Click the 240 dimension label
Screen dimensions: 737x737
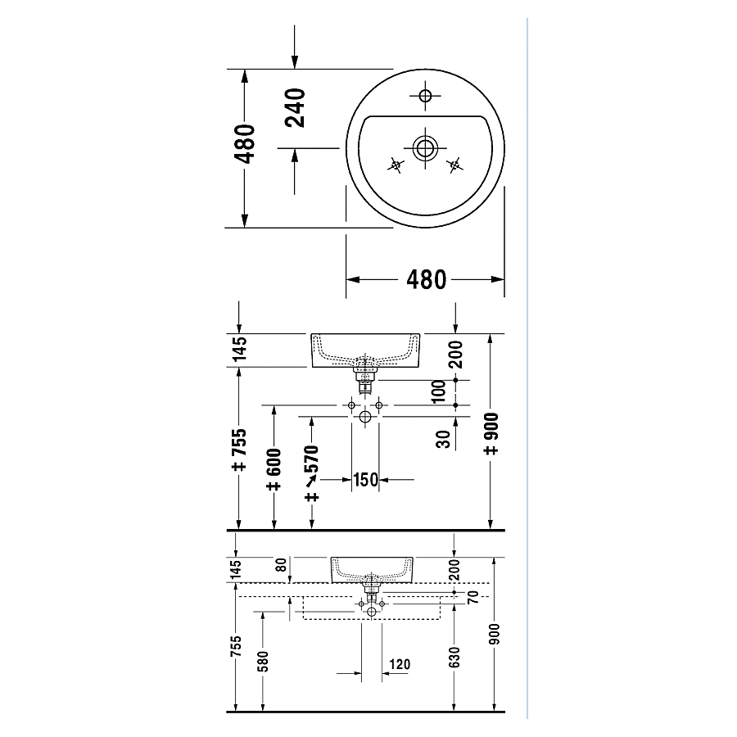pyautogui.click(x=295, y=108)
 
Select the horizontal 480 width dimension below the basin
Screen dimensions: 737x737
pyautogui.click(x=426, y=280)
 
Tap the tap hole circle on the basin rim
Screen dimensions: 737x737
pyautogui.click(x=425, y=96)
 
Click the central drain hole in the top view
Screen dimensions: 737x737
pyautogui.click(x=425, y=148)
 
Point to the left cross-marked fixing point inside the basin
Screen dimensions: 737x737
pyautogui.click(x=396, y=165)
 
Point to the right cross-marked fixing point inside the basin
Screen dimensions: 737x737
pyautogui.click(x=454, y=165)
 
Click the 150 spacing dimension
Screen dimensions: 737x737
pyautogui.click(x=366, y=480)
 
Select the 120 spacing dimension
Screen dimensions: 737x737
pyautogui.click(x=400, y=664)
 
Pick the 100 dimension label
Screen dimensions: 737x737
pyautogui.click(x=438, y=391)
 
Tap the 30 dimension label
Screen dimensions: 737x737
pyautogui.click(x=443, y=439)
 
